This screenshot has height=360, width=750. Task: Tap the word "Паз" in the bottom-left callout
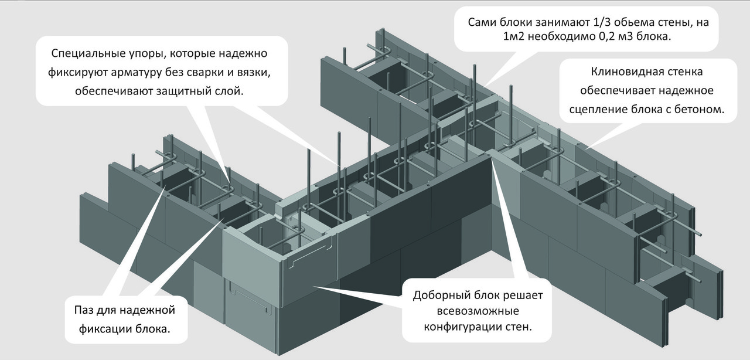coord(83,310)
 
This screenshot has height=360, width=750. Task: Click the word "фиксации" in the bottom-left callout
coord(105,330)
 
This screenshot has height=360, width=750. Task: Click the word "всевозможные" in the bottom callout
coord(478,311)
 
